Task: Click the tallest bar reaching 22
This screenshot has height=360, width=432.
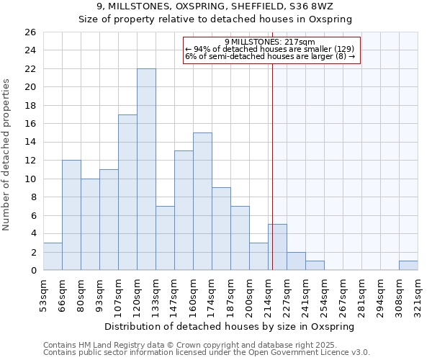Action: click(146, 169)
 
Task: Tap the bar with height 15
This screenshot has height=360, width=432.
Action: click(202, 202)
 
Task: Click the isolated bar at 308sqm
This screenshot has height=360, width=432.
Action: click(408, 266)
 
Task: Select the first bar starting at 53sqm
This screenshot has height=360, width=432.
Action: click(53, 256)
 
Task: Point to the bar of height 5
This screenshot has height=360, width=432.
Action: click(277, 247)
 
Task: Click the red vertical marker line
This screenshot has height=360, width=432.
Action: click(273, 166)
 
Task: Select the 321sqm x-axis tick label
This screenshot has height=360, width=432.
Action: click(418, 293)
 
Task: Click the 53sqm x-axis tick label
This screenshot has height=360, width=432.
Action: click(43, 293)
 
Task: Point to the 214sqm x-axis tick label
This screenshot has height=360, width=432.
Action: click(268, 293)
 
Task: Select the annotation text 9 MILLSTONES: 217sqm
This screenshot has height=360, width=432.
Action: click(270, 42)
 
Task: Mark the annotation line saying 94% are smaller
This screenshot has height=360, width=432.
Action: click(270, 49)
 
